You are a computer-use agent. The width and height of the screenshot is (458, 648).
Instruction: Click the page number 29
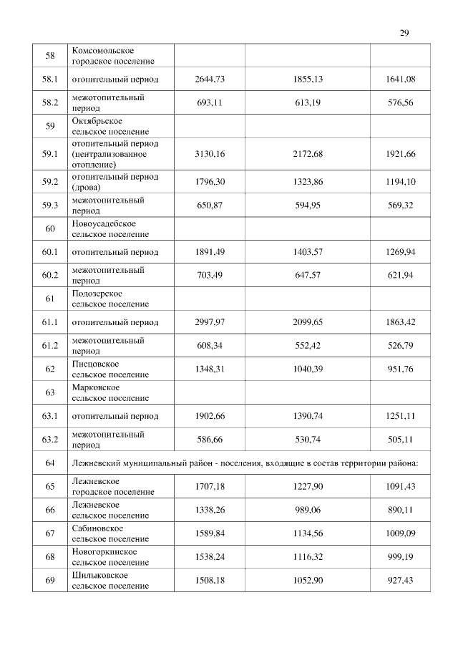tap(404, 33)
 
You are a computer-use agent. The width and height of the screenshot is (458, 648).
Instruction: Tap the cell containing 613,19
tap(308, 102)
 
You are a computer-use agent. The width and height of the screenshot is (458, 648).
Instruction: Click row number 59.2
tap(50, 182)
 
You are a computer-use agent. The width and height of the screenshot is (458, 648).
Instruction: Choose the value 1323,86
tap(308, 182)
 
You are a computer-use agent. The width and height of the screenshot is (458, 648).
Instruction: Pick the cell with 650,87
tap(210, 205)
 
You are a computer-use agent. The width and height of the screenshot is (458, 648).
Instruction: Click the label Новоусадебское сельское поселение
tap(110, 228)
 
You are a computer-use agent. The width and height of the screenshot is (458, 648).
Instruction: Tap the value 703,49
tap(210, 275)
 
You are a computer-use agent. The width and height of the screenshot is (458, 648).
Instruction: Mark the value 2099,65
tap(308, 322)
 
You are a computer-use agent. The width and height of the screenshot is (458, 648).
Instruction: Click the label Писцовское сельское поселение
tap(110, 369)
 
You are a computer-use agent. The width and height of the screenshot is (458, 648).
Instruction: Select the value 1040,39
tap(308, 369)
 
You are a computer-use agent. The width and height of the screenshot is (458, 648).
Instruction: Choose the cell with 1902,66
tap(210, 416)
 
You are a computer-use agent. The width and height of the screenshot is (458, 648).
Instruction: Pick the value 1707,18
tap(210, 486)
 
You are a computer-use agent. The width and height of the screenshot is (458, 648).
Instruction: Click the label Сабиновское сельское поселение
tap(110, 533)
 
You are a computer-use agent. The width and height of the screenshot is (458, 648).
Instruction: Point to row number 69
tap(50, 580)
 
